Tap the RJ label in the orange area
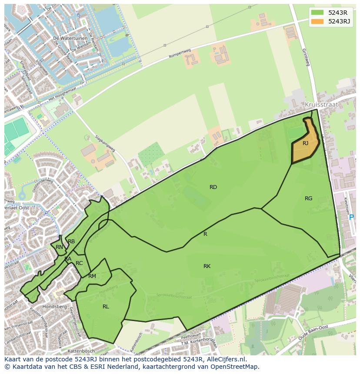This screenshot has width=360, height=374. (x=306, y=143)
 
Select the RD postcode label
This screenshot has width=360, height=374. (x=213, y=187)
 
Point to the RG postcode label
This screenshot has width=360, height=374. (x=308, y=199)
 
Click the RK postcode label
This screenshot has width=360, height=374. (x=207, y=266)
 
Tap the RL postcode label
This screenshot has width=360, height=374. (x=106, y=307)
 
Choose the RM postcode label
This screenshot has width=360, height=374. (x=92, y=276)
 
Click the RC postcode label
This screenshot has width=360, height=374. (x=79, y=263)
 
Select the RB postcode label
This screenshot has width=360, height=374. (x=71, y=242)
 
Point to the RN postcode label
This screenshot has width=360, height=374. (x=60, y=247)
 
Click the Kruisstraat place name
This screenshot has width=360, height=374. (x=321, y=105)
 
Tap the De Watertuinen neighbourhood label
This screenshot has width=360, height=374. (x=68, y=38)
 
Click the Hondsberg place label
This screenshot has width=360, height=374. (x=54, y=306)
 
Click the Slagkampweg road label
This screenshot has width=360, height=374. (x=105, y=142)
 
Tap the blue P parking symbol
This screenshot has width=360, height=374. (x=351, y=217)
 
